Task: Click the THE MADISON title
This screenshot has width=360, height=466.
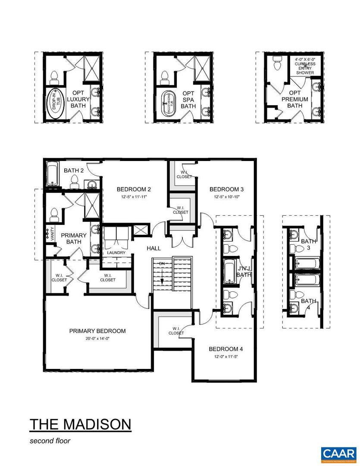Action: point(80,424)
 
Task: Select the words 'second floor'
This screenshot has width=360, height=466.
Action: point(50,441)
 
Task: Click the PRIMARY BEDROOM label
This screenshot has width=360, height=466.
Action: point(97,331)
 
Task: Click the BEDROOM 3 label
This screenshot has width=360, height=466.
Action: point(227,189)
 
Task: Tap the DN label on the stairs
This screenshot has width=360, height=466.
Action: point(162,263)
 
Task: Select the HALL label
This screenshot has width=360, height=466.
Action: point(153,249)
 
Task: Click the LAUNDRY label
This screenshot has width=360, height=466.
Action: point(116,253)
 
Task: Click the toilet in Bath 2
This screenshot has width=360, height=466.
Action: point(74,182)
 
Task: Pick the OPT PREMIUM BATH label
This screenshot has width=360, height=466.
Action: point(294,99)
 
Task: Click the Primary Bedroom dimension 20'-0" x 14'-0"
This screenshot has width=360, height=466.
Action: point(97,339)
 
